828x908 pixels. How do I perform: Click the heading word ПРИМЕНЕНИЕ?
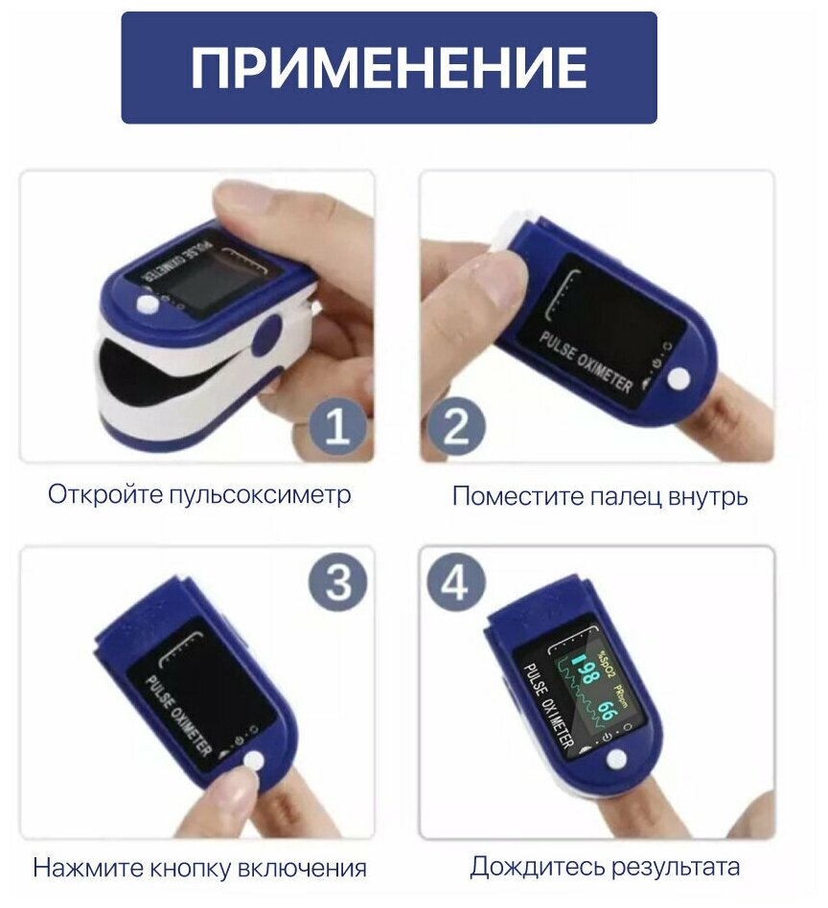tap(389, 67)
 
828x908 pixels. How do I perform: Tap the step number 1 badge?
tap(338, 428)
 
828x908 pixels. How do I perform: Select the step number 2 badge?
tap(456, 428)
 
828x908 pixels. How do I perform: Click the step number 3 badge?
tap(337, 580)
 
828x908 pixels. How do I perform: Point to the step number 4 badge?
tap(455, 582)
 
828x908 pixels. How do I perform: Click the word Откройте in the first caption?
tap(106, 495)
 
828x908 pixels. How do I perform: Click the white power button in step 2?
tap(678, 379)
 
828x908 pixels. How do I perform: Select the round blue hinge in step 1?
tap(267, 336)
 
